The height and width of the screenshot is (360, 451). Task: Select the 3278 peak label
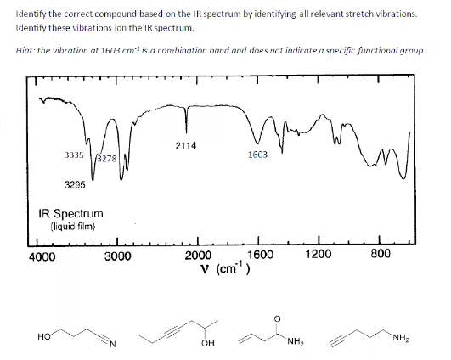click(x=106, y=158)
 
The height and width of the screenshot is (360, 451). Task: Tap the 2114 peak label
click(x=186, y=145)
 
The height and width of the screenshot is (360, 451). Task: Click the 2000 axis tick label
click(x=199, y=256)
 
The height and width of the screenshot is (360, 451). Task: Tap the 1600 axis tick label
click(x=259, y=256)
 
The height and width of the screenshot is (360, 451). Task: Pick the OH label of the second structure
click(x=206, y=344)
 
